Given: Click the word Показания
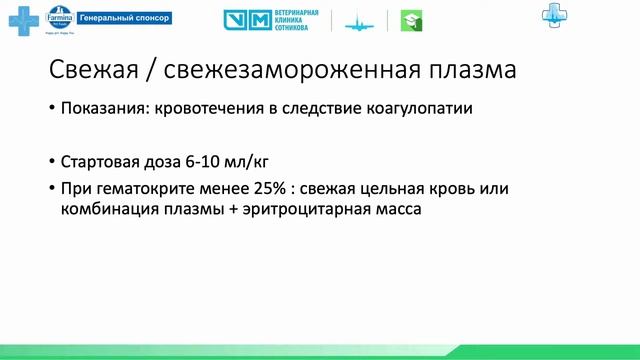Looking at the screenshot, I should click(x=103, y=109).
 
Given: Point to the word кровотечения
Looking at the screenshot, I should click(x=206, y=109).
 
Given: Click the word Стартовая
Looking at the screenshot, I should click(x=102, y=161).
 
